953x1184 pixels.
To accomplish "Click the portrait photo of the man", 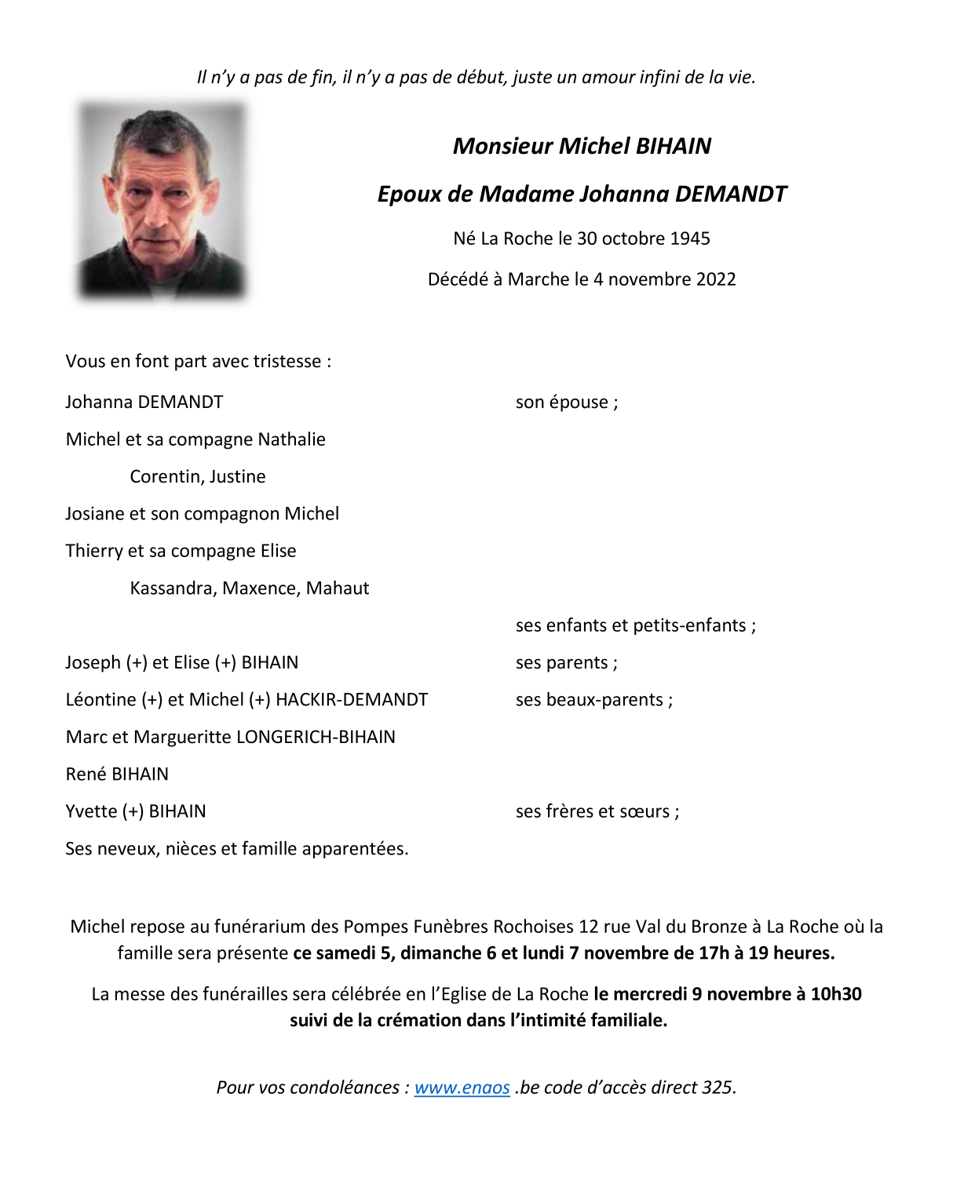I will tap(162, 201).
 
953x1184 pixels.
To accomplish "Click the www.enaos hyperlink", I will tap(462, 1087).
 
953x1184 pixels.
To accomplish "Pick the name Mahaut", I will tap(338, 588).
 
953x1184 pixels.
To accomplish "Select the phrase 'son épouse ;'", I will tap(566, 403).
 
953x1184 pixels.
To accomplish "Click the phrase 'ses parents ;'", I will tap(566, 663).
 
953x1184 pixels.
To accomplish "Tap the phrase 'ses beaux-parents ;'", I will tap(593, 700).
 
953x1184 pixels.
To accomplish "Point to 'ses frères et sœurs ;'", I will tap(597, 811).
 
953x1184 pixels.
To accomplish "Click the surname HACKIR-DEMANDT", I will tap(352, 700).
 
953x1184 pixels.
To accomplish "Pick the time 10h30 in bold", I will tap(835, 994).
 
